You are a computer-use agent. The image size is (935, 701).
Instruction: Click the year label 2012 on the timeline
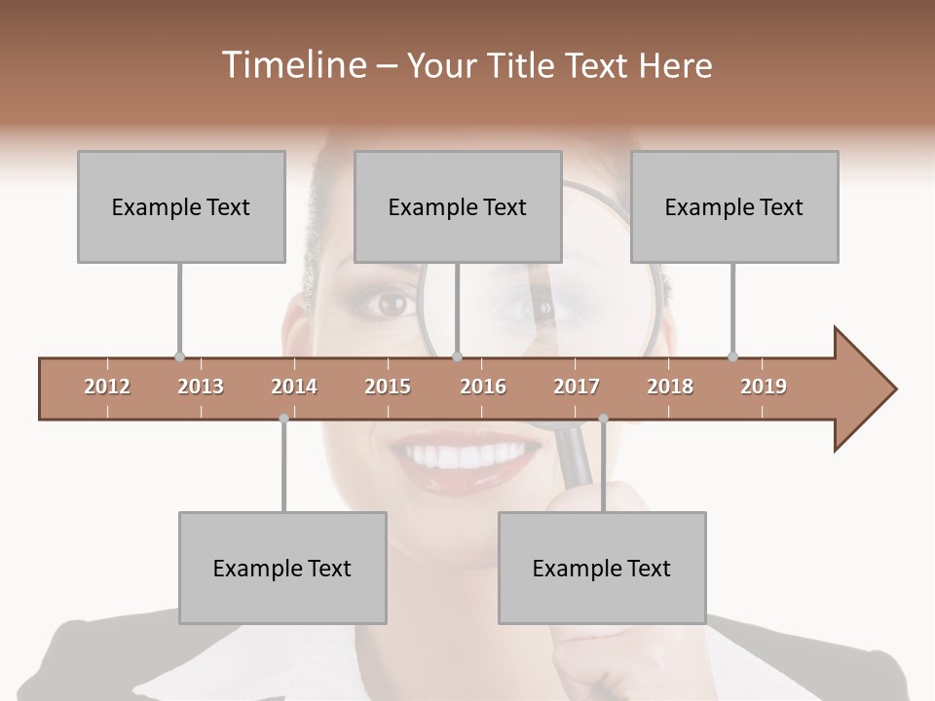(x=107, y=387)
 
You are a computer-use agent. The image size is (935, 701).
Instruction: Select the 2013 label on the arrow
(x=201, y=387)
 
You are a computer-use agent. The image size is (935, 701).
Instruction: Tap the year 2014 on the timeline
(x=294, y=387)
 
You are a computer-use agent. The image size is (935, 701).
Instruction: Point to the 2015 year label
(x=388, y=387)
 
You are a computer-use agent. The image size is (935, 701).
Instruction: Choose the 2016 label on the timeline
(x=483, y=387)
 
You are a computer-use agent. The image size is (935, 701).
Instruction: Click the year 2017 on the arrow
(x=577, y=387)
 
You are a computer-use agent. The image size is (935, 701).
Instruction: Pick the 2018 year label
(x=670, y=387)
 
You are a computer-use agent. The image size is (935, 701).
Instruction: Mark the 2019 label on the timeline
(x=764, y=387)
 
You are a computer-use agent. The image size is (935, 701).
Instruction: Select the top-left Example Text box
(x=181, y=206)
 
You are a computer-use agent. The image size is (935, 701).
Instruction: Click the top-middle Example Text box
(x=458, y=206)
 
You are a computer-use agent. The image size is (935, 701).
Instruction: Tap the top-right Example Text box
(x=734, y=206)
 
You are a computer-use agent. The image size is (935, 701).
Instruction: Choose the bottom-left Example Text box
(x=282, y=569)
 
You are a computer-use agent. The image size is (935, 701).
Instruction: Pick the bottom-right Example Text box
(x=602, y=569)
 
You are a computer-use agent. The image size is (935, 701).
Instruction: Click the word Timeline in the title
(x=291, y=65)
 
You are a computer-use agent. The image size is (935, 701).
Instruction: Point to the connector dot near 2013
(x=179, y=356)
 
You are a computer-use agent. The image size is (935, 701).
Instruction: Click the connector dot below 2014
(x=283, y=419)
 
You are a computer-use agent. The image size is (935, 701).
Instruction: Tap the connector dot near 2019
(x=732, y=356)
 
